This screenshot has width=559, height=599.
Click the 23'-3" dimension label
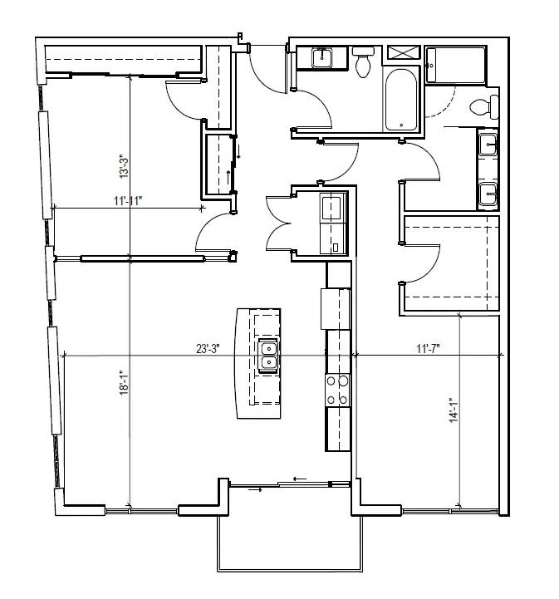(x=208, y=348)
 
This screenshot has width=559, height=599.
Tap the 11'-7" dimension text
(x=428, y=348)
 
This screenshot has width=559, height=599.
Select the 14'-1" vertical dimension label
(x=454, y=410)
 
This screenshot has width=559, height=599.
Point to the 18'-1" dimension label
(x=124, y=382)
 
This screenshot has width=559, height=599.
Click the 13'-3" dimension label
(x=124, y=166)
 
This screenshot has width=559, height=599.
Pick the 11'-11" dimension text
(x=128, y=200)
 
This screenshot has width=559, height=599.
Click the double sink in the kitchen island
(x=269, y=355)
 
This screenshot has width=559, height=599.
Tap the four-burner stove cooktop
(x=337, y=390)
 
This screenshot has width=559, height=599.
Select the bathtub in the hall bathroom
(x=400, y=100)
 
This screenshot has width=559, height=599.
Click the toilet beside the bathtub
(x=363, y=61)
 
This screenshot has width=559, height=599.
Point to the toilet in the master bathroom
(x=484, y=107)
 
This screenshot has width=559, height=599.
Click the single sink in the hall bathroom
(x=322, y=58)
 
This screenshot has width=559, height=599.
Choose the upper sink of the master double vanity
(x=488, y=145)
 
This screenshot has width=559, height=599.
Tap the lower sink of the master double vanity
(x=488, y=194)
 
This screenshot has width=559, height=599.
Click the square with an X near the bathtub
(x=404, y=52)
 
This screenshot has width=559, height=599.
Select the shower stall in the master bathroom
(x=455, y=66)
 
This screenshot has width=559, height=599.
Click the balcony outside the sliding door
(x=290, y=543)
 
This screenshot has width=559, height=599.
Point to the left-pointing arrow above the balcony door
(x=300, y=479)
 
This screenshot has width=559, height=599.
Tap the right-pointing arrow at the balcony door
(x=255, y=489)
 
